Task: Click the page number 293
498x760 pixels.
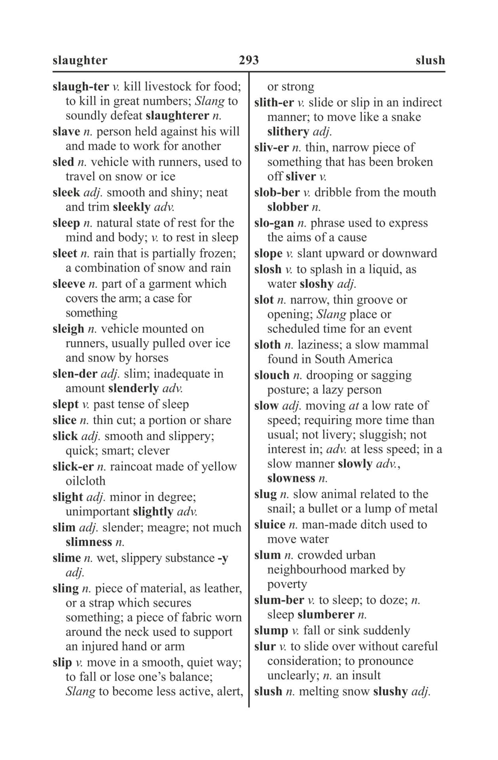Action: tap(249, 60)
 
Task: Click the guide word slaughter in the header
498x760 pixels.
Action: tap(80, 60)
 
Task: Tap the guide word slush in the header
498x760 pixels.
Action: tap(430, 60)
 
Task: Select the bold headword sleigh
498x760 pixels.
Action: tap(68, 329)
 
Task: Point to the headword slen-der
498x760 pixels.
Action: tap(74, 374)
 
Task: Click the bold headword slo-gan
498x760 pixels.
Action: tap(274, 223)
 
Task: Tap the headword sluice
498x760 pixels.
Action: tap(270, 525)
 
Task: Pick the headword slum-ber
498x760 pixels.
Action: tap(279, 600)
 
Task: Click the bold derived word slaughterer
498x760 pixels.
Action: tap(177, 116)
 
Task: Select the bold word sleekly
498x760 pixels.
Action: tap(131, 207)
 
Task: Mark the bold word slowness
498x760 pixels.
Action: tap(291, 478)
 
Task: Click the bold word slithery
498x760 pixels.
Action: tap(288, 131)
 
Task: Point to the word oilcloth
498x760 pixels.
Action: tap(86, 481)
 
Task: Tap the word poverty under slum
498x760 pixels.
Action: tap(287, 585)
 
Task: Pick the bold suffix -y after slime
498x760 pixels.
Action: tap(223, 558)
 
